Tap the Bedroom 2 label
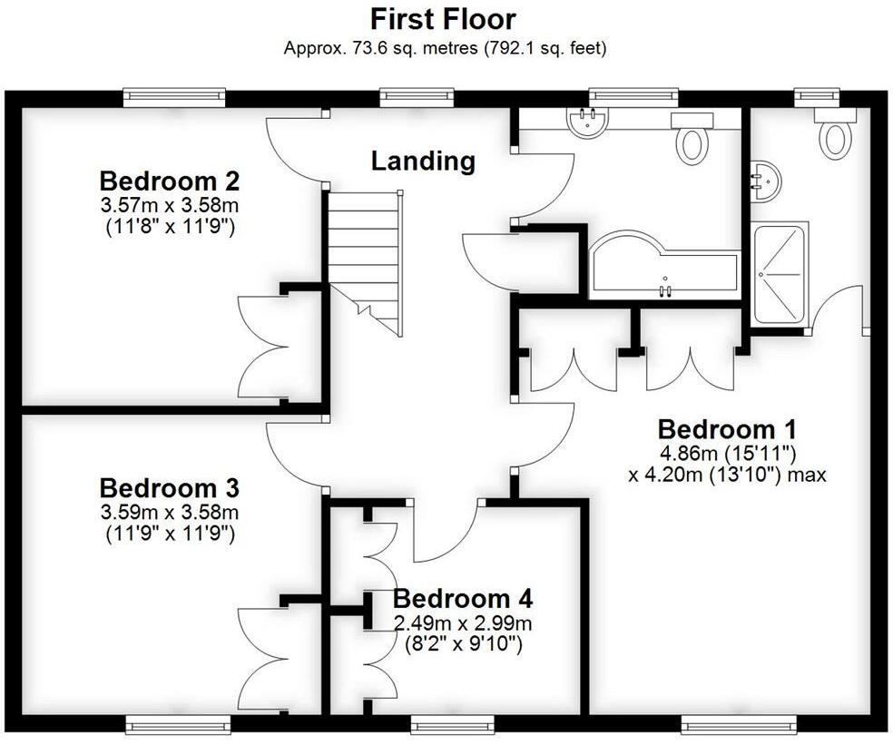[x=169, y=179]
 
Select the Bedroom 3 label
[x=169, y=488]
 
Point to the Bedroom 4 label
[x=463, y=599]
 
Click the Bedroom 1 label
[x=727, y=428]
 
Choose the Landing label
[x=423, y=162]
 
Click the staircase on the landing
[x=364, y=259]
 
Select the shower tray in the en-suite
[x=780, y=274]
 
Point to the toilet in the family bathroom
[x=693, y=142]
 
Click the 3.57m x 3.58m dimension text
[x=169, y=204]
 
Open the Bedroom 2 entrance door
[x=295, y=150]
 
